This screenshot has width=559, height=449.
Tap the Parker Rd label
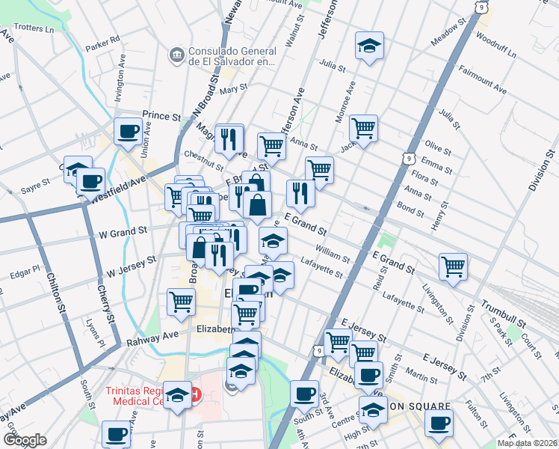tap(102, 43)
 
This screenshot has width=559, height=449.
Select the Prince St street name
tap(162, 117)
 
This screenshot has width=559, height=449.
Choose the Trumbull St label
tap(502, 308)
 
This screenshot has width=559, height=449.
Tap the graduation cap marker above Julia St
tap(369, 46)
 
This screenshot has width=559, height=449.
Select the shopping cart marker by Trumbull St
tap(453, 266)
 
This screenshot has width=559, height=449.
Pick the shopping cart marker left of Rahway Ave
tap(182, 302)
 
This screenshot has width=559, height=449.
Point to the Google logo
tap(25, 440)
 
